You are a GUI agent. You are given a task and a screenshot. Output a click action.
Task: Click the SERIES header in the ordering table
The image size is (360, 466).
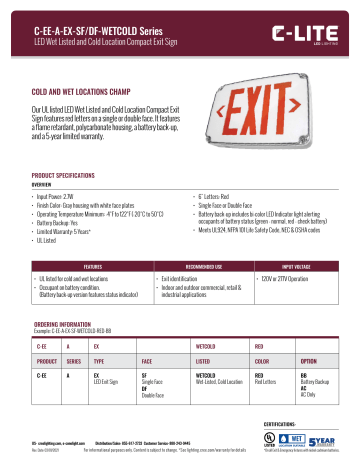point(76,331)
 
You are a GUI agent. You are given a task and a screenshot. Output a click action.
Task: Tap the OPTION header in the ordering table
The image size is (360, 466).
point(309,331)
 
